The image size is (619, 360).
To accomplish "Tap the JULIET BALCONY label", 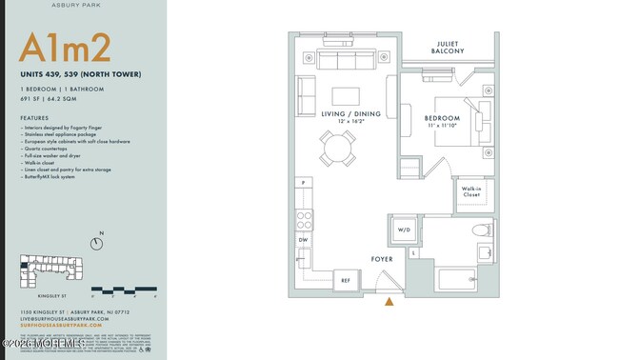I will (x=450, y=49).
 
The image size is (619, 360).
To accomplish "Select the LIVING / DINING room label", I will (x=350, y=114).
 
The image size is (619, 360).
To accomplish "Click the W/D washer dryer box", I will (x=403, y=230).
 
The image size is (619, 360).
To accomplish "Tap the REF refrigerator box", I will (x=346, y=280).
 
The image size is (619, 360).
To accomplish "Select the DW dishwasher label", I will (x=304, y=241).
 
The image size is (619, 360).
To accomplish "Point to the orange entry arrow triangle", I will (x=389, y=302).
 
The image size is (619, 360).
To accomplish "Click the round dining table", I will (x=338, y=149).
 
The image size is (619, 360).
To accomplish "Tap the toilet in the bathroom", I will (x=481, y=230).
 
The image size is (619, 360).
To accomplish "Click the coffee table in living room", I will (x=346, y=96).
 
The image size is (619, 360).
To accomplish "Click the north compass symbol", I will (x=97, y=244).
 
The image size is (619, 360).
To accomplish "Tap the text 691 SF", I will (x=32, y=99).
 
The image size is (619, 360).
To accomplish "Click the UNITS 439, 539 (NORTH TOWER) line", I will (x=81, y=74).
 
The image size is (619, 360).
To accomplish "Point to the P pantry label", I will (x=304, y=183).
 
